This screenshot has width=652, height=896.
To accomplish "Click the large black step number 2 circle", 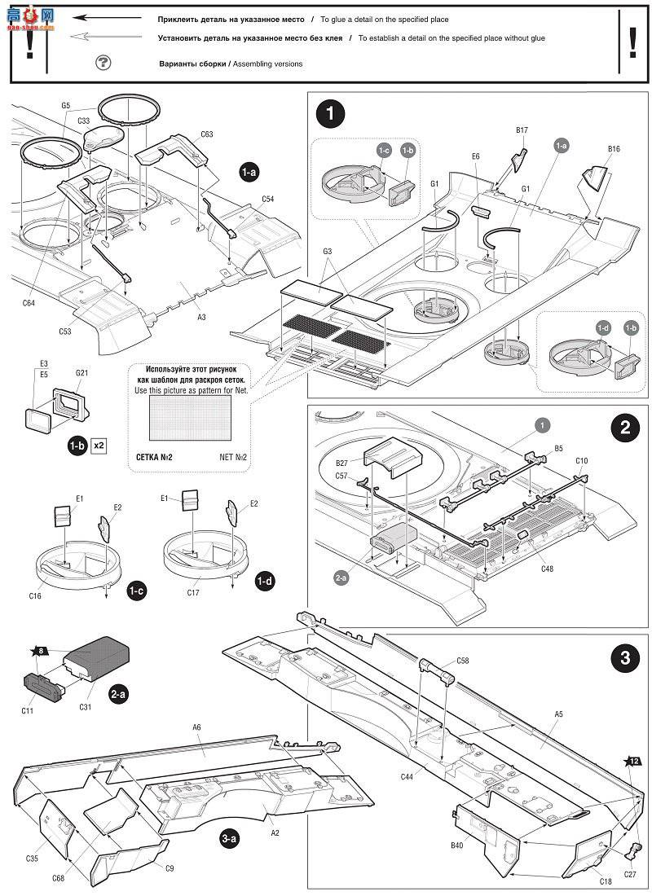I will coord(624,428).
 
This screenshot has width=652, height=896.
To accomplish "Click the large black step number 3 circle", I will coord(624,657).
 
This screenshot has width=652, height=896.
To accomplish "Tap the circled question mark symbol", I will coord(103,63).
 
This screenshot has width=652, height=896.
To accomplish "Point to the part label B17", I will coord(522,130).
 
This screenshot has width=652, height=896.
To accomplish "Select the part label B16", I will coord(614,149).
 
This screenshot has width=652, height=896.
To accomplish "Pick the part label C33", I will coord(83,121).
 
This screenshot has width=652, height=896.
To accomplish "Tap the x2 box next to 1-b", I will coord(99,446).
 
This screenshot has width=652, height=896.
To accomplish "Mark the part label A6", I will coord(197,727).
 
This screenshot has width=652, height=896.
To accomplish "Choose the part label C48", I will coord(546,569).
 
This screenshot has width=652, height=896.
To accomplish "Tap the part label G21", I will coord(81,373).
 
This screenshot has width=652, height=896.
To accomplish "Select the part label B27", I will coord(341,463).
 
